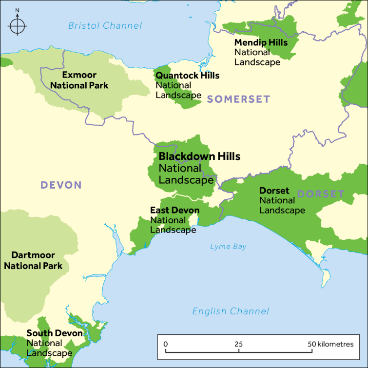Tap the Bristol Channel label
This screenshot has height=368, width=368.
pos(105,25)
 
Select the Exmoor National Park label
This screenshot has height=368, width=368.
pos(79,80)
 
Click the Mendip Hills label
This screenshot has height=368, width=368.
pos(261,43)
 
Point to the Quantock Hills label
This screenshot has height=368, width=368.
pos(187,76)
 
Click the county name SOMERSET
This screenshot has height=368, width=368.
pos(238,99)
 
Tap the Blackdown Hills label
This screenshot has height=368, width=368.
pos(199,157)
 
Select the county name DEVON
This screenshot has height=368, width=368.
pos(61,185)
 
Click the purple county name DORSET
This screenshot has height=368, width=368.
pos(320,194)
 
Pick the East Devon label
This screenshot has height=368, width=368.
pos(174,211)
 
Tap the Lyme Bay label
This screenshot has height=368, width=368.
pos(228,247)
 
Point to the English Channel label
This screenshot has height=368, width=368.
pos(230,311)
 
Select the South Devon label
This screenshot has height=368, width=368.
pos(55,333)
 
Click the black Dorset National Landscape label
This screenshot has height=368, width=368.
pos(274,191)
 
